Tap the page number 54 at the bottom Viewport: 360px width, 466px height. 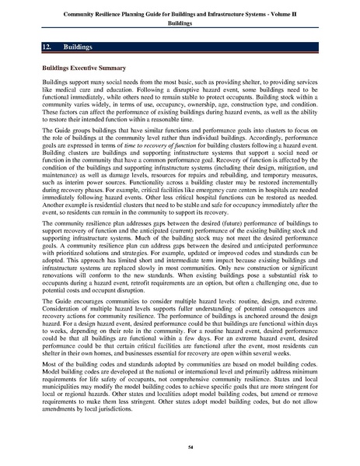click(x=180, y=447)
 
